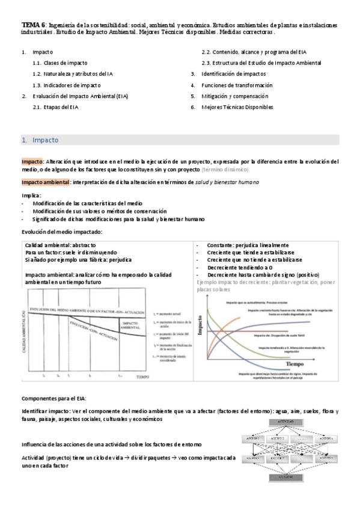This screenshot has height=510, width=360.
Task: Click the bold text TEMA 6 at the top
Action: click(x=33, y=25)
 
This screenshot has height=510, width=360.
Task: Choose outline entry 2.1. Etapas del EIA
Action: click(x=56, y=107)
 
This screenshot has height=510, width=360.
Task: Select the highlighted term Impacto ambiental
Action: click(x=45, y=182)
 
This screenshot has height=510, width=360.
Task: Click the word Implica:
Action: click(x=32, y=195)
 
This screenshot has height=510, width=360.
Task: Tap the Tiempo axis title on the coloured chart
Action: click(x=296, y=364)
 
